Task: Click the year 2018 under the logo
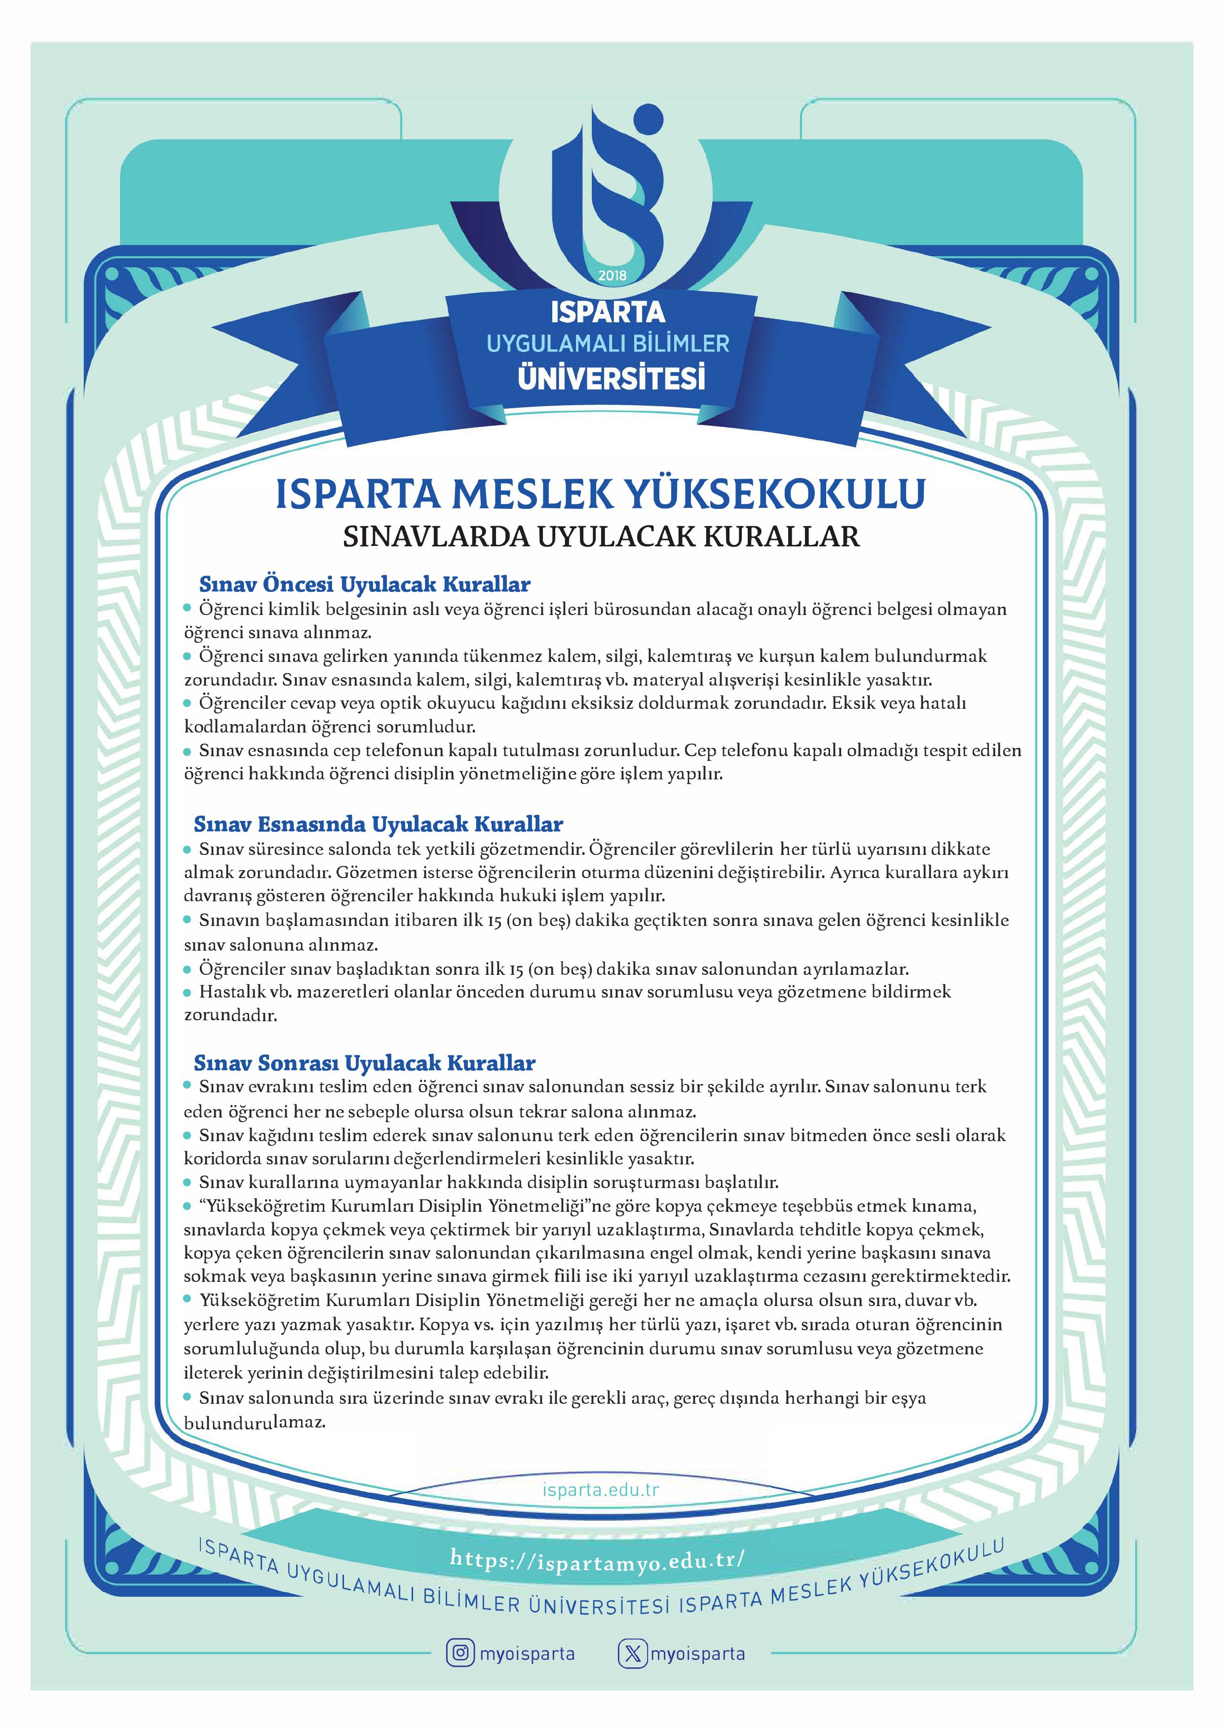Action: click(x=612, y=276)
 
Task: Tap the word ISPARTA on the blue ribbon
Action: click(x=608, y=311)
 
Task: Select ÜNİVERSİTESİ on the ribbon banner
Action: click(x=611, y=377)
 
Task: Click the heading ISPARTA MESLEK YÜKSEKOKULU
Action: click(x=600, y=494)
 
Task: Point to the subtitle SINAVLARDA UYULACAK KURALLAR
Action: click(x=601, y=537)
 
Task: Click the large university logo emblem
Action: click(x=608, y=189)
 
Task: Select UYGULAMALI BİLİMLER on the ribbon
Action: click(x=608, y=344)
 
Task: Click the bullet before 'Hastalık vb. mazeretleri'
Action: click(x=189, y=993)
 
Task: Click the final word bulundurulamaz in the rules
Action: click(x=254, y=1424)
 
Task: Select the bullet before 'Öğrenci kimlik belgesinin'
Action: click(x=189, y=608)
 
